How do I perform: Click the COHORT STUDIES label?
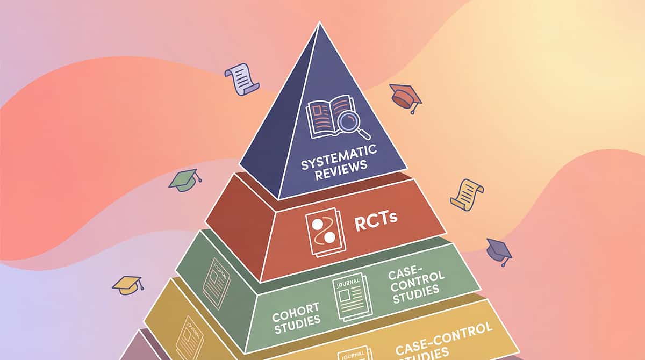click(296, 313)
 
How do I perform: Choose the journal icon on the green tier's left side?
click(216, 282)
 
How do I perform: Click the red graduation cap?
click(406, 97)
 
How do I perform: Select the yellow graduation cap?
click(127, 284)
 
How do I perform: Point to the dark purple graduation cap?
click(499, 250)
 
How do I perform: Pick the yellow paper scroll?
click(466, 194)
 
